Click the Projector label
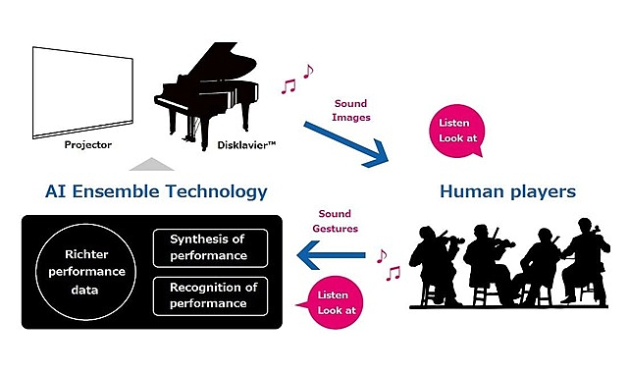click(x=88, y=144)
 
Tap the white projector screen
click(x=82, y=92)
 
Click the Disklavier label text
click(x=246, y=145)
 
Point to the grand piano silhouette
click(x=207, y=96)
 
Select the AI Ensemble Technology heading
click(x=156, y=191)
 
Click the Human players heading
click(x=508, y=191)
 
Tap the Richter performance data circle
click(x=85, y=272)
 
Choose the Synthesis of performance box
click(x=210, y=248)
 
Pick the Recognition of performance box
click(x=210, y=296)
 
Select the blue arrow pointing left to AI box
click(x=331, y=255)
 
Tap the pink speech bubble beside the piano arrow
click(x=457, y=131)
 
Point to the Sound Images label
click(x=351, y=110)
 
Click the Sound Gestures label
click(x=335, y=221)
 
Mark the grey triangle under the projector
click(x=152, y=165)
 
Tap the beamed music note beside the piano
click(x=288, y=86)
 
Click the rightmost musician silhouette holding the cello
click(x=585, y=261)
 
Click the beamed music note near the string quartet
click(x=393, y=273)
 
